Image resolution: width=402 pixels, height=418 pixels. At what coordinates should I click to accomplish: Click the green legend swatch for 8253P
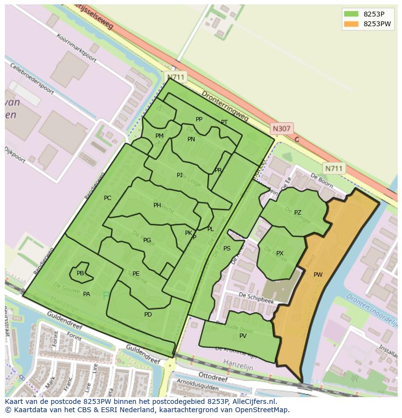[x=351, y=14]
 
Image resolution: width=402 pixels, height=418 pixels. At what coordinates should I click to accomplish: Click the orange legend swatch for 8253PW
[x=351, y=24]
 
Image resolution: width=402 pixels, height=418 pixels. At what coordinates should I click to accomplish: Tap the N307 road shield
[x=281, y=129]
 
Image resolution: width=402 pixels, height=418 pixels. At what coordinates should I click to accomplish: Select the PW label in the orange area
[x=318, y=275]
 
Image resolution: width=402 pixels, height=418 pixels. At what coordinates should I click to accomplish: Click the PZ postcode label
[x=298, y=213]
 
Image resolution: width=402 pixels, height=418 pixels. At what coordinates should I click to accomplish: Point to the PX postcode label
[x=280, y=253]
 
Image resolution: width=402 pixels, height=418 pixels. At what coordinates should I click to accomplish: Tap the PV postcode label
[x=243, y=336]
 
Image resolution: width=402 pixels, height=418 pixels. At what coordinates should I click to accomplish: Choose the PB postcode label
[x=80, y=273]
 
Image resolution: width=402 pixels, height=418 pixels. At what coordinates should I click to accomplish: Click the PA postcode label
[x=86, y=294]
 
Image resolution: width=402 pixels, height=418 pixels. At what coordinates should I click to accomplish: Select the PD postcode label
[x=148, y=315]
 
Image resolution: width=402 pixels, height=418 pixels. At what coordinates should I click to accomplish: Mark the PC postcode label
[x=107, y=198]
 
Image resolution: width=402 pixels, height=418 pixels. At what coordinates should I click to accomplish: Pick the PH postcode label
[x=157, y=205]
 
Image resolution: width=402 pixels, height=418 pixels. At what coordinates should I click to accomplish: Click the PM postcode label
[x=159, y=136]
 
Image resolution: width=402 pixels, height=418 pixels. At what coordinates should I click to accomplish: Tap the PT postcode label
[x=224, y=122]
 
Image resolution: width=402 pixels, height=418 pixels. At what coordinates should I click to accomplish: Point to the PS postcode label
[x=227, y=249]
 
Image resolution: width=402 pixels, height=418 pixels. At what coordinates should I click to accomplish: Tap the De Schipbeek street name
[x=256, y=298]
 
